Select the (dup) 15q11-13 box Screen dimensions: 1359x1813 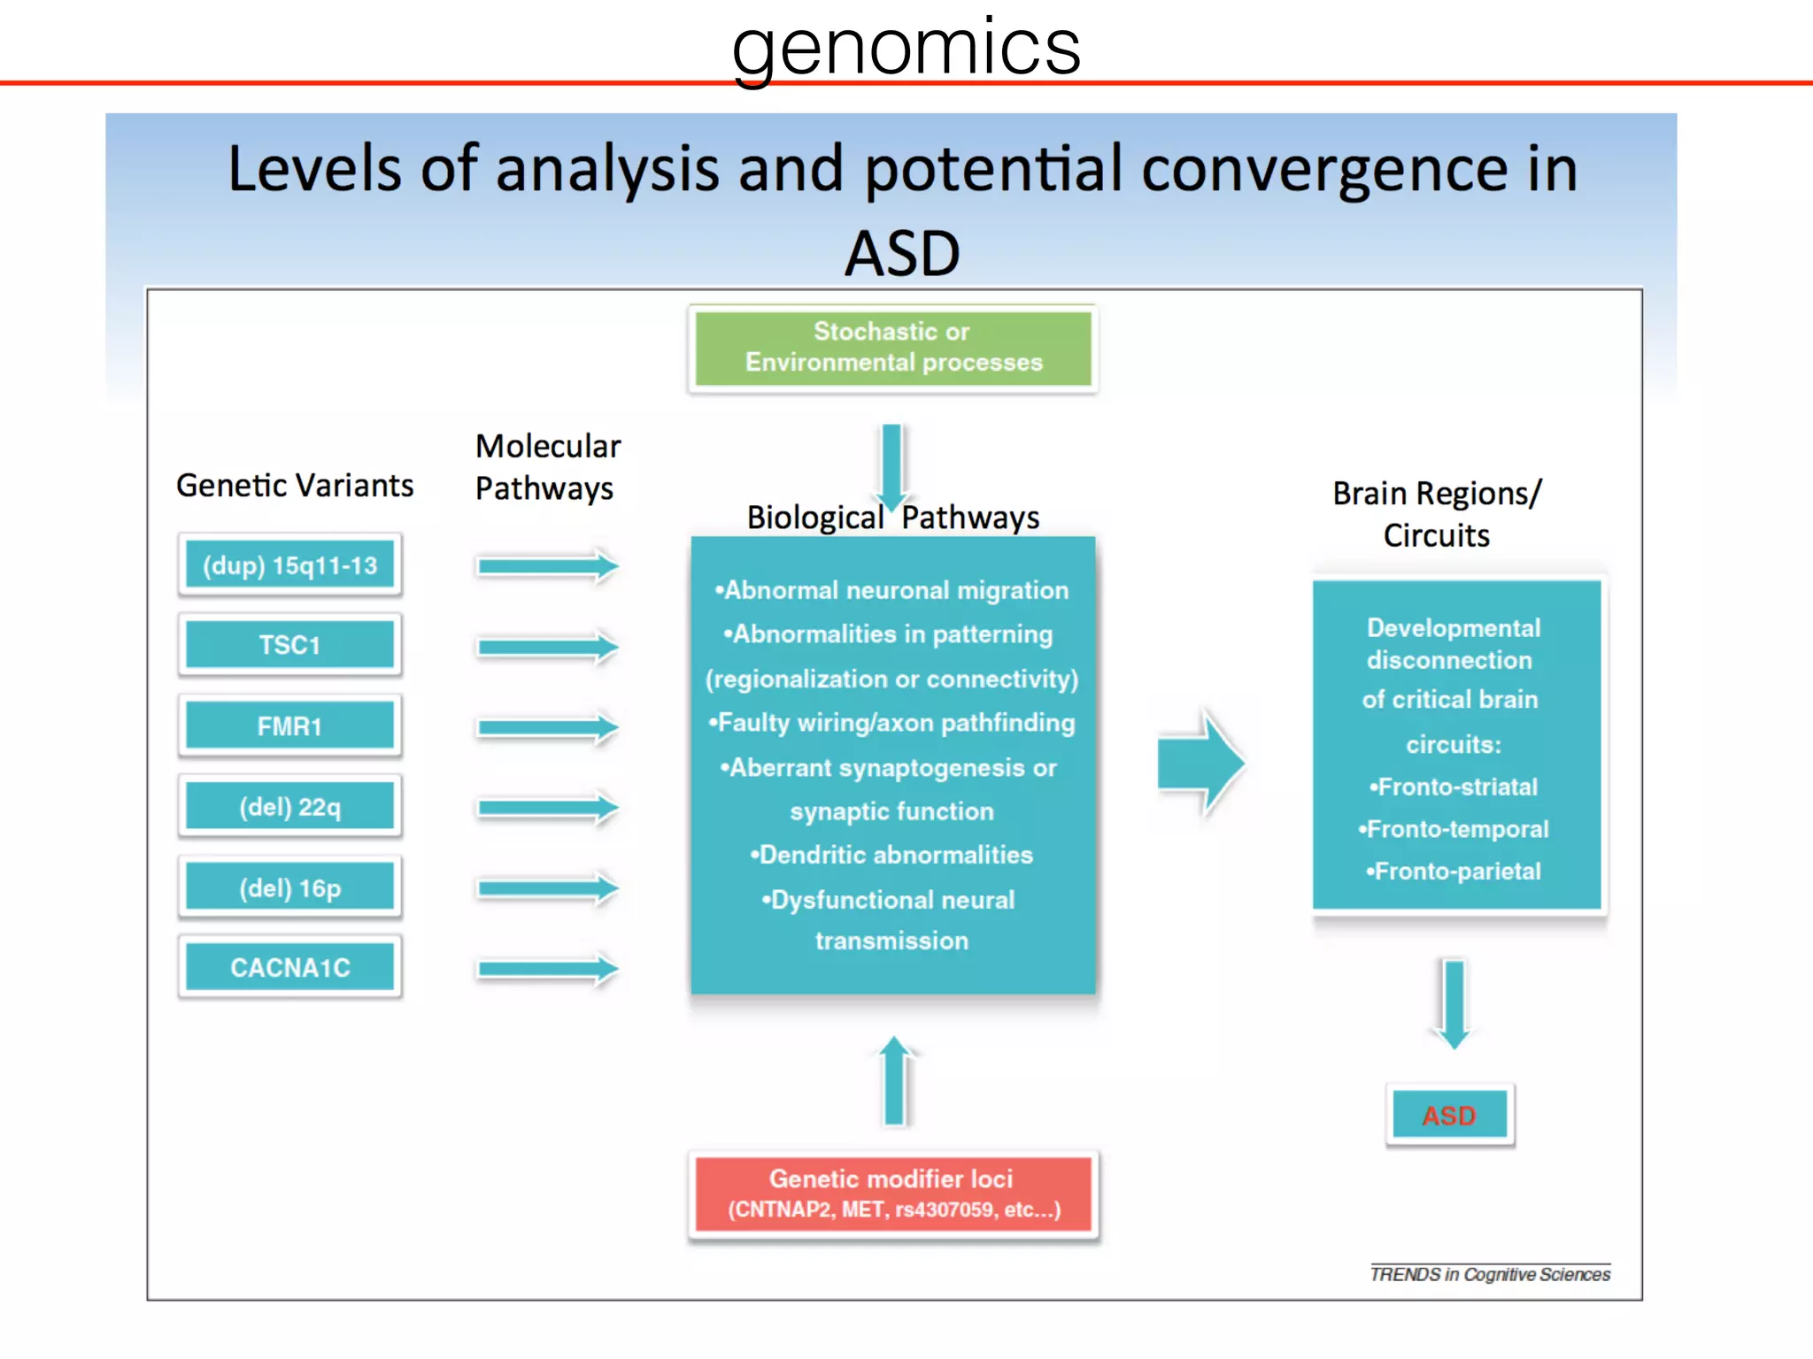[289, 565]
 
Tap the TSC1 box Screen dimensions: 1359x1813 [289, 645]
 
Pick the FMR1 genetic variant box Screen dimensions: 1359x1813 [289, 726]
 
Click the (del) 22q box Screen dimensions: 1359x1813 [289, 807]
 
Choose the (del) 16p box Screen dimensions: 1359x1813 [289, 887]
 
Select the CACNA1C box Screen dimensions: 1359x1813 [289, 967]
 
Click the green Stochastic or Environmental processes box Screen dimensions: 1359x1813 [892, 348]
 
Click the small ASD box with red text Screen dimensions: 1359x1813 [1449, 1115]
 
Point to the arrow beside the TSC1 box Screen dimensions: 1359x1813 [546, 647]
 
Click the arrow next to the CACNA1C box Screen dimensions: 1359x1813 [546, 969]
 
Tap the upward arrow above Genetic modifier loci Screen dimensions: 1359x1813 [895, 1081]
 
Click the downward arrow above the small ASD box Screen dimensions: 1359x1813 [1454, 1002]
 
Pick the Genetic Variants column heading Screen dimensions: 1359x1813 [295, 486]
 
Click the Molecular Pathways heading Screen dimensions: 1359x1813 [547, 467]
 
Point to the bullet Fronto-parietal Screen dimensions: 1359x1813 [1454, 871]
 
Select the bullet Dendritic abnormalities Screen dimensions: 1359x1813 [892, 855]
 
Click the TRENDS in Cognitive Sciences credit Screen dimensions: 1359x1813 [1490, 1274]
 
